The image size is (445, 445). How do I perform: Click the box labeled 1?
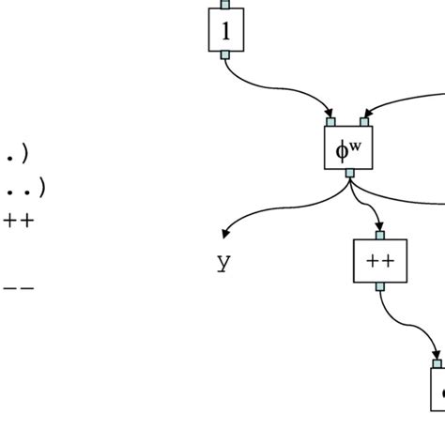click(x=225, y=30)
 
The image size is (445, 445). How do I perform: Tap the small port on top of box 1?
click(x=225, y=4)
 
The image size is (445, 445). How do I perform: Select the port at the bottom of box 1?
click(x=225, y=55)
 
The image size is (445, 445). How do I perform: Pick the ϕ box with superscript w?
click(x=348, y=147)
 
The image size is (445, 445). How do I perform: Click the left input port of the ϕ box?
click(x=331, y=121)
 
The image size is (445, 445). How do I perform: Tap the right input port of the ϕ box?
click(x=364, y=121)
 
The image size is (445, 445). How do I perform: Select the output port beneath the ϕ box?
click(x=349, y=174)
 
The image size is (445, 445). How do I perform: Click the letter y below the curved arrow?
click(x=222, y=263)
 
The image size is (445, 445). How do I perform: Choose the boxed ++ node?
click(x=379, y=261)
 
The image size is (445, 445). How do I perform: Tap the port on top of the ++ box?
click(x=379, y=235)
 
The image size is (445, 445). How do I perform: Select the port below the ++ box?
click(x=379, y=287)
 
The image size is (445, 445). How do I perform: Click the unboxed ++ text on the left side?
click(x=19, y=222)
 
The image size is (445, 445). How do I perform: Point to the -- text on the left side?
click(x=19, y=289)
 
